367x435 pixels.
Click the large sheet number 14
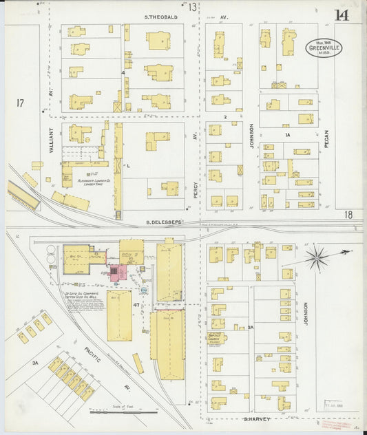click(341, 15)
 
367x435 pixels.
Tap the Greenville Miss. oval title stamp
click(324, 47)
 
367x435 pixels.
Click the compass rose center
click(317, 259)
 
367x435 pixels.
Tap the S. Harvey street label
click(255, 418)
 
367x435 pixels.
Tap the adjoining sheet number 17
click(20, 103)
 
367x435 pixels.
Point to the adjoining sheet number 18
click(348, 215)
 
